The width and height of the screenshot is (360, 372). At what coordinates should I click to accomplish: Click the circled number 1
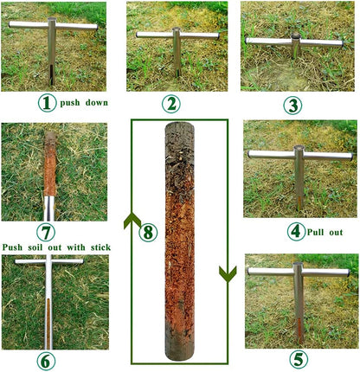click(x=47, y=103)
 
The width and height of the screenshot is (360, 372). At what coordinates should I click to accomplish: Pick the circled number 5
click(x=297, y=359)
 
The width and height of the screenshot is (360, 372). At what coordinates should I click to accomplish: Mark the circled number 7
click(x=48, y=233)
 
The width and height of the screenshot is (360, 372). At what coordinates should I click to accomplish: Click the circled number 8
click(x=148, y=232)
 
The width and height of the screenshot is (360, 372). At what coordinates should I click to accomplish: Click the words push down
click(x=83, y=103)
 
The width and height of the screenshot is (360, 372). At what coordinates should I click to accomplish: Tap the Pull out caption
click(x=326, y=232)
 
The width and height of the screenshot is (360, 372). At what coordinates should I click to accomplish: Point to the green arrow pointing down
click(x=227, y=273)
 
